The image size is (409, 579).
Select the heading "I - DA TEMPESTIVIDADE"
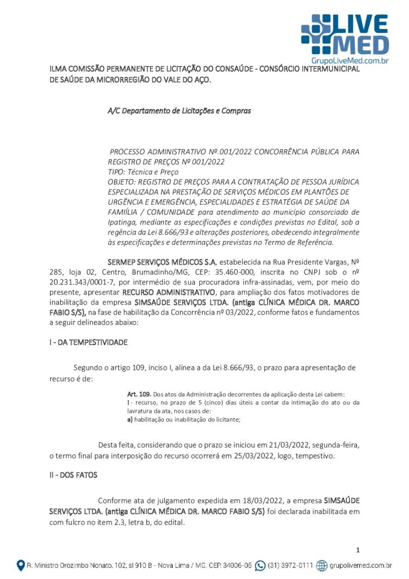tap(88, 342)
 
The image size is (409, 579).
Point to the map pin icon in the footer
tap(21, 565)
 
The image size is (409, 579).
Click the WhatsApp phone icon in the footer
tap(260, 565)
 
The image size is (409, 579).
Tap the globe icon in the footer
tap(322, 565)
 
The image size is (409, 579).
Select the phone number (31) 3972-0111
tap(290, 565)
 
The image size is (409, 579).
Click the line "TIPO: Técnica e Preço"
tap(143, 171)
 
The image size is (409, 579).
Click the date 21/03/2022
tap(273, 444)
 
